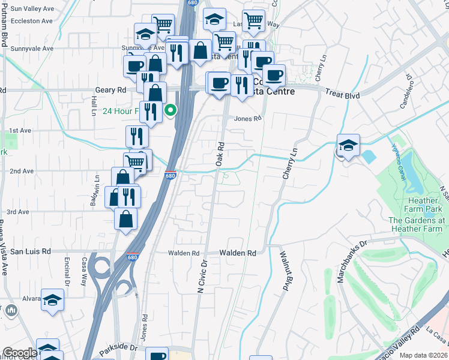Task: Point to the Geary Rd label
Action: point(111,90)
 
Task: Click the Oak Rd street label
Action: point(220,154)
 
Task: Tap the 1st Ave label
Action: point(20,130)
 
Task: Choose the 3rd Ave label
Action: point(18,212)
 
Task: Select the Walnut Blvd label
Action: point(285,271)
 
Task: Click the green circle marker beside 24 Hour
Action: point(171,110)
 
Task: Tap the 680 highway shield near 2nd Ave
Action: point(171,175)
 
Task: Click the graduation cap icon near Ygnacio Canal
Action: point(348,146)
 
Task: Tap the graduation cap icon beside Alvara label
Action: point(52,299)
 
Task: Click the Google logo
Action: point(20,353)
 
